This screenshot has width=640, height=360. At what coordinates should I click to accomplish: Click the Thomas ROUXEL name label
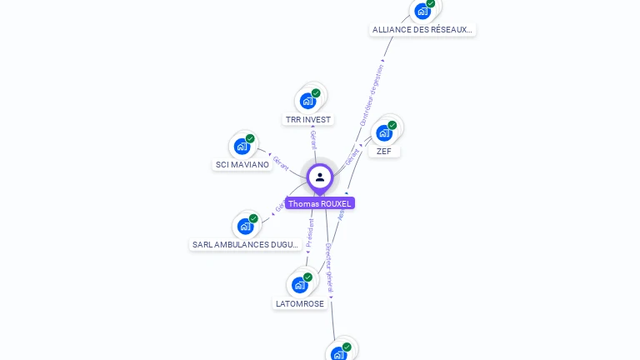click(x=320, y=203)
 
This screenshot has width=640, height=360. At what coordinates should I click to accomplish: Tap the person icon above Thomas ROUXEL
click(x=320, y=177)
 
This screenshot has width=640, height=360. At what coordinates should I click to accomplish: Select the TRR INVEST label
click(x=308, y=120)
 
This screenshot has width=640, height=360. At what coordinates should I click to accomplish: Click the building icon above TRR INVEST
click(x=308, y=101)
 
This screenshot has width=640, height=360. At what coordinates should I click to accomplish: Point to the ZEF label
click(x=383, y=152)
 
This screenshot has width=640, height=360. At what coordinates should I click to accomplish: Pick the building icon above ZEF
click(x=384, y=132)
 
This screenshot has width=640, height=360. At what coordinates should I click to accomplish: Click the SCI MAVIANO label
click(x=242, y=165)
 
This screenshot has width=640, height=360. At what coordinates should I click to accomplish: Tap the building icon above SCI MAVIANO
click(x=242, y=147)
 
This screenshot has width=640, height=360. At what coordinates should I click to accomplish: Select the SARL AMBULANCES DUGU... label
click(x=245, y=245)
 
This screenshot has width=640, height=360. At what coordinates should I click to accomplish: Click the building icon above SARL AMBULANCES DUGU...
click(x=245, y=226)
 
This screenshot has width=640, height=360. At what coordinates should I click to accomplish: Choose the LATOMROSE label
click(x=300, y=304)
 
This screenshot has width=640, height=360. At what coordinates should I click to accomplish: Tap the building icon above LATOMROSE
click(x=300, y=284)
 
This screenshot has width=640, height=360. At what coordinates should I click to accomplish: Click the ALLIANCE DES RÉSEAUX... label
click(x=422, y=30)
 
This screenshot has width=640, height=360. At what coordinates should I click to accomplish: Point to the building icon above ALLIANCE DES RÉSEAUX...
click(x=422, y=11)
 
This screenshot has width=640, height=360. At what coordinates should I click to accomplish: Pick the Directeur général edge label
click(x=329, y=267)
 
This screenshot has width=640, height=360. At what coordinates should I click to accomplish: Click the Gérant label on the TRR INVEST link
click(x=313, y=140)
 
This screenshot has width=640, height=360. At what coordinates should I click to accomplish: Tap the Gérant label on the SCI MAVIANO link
click(x=281, y=163)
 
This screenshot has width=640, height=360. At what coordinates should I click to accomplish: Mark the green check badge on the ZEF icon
click(x=392, y=125)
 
